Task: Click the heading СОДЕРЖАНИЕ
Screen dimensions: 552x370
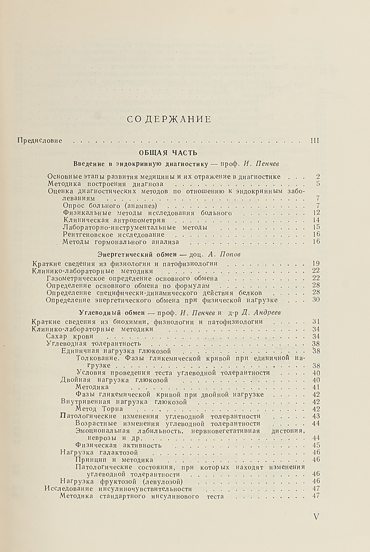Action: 168,120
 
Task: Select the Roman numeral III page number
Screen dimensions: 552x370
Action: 315,140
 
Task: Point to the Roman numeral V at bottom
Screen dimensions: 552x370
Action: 316,517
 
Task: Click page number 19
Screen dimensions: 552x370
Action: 315,264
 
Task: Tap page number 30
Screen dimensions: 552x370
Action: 315,300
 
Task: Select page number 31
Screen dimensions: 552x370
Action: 315,322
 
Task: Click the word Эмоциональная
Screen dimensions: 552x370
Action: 100,431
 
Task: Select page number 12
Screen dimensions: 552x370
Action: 315,213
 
